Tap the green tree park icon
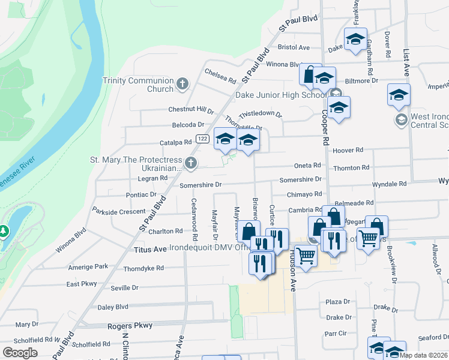coord(4,230)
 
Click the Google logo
coord(20,353)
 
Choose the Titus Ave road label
coord(149,248)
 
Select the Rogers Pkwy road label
coord(130,325)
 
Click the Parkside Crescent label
coord(119,211)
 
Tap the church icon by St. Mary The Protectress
coord(191,163)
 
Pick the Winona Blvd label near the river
coord(71,240)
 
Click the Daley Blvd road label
coord(113,307)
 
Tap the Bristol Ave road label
coord(294,47)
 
